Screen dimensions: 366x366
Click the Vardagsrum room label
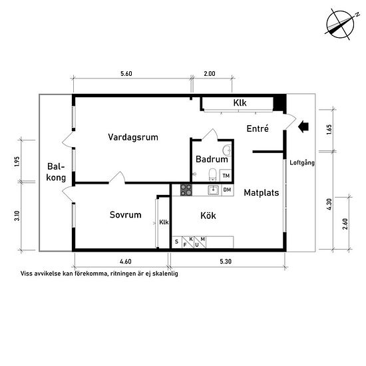[133, 137]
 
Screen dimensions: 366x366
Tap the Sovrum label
[126, 215]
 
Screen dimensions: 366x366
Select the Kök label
[208, 216]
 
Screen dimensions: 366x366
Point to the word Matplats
[262, 193]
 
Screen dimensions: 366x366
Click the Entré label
[258, 128]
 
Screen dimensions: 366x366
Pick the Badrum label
[212, 159]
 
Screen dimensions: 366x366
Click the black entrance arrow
[303, 126]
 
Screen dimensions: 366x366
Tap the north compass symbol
[340, 24]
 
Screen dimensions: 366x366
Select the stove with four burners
[186, 190]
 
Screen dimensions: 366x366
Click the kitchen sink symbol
[213, 190]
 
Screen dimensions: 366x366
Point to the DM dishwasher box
[227, 190]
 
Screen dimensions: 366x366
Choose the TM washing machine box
[226, 176]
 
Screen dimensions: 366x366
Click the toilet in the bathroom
[213, 175]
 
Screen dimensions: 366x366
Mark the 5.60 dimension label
[126, 74]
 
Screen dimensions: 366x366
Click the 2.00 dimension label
[210, 74]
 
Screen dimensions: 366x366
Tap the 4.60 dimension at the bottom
[126, 262]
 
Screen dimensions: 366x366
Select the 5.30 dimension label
[226, 262]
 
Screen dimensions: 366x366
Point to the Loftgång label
[302, 162]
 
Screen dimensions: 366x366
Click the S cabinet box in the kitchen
[177, 242]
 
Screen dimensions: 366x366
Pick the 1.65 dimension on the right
[329, 130]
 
